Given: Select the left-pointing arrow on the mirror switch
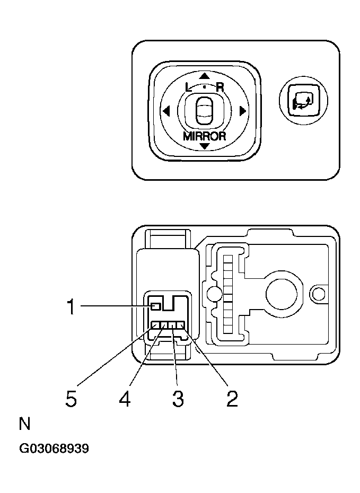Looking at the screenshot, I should pyautogui.click(x=166, y=111).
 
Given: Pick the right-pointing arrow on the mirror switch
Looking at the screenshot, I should pyautogui.click(x=242, y=111).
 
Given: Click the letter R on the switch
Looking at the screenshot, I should pyautogui.click(x=219, y=87).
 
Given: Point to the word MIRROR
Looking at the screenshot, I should pyautogui.click(x=205, y=135).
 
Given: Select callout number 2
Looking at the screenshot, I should pyautogui.click(x=232, y=398).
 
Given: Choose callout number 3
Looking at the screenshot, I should pyautogui.click(x=178, y=398).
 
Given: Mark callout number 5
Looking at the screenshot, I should pyautogui.click(x=71, y=398).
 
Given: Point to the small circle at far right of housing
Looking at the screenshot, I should pyautogui.click(x=318, y=293).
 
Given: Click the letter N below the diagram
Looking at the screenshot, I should pyautogui.click(x=24, y=424).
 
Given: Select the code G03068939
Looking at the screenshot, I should pyautogui.click(x=54, y=449).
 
